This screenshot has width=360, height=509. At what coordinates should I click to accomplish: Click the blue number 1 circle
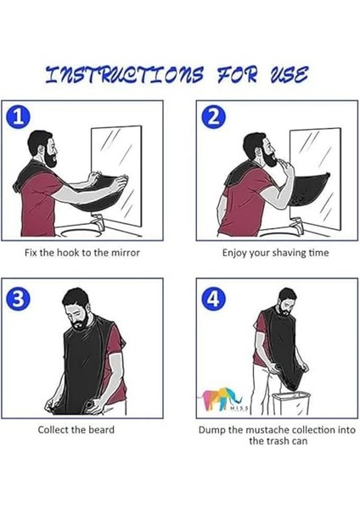18,117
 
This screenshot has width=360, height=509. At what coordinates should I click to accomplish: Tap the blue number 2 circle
213,117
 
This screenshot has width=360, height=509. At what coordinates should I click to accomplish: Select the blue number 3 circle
18,299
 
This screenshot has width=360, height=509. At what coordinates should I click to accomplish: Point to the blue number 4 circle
213,299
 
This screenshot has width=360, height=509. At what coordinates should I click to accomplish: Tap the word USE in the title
289,75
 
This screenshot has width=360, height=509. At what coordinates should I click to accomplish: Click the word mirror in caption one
124,253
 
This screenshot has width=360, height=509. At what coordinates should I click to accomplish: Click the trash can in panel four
291,403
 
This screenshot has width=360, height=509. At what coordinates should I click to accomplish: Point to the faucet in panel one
98,221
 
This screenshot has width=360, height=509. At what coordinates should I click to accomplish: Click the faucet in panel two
296,225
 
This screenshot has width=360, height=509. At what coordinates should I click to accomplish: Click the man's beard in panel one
50,158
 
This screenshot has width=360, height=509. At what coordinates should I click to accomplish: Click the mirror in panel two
315,178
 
